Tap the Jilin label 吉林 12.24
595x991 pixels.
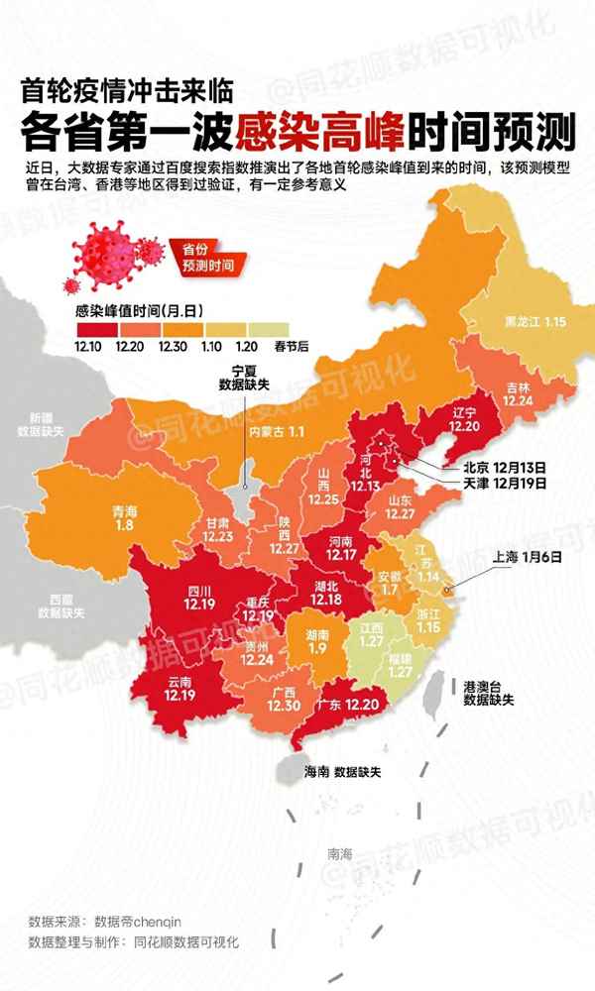coord(517,394)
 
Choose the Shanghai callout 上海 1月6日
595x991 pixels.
coord(526,558)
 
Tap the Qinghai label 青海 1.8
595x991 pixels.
coord(124,520)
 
